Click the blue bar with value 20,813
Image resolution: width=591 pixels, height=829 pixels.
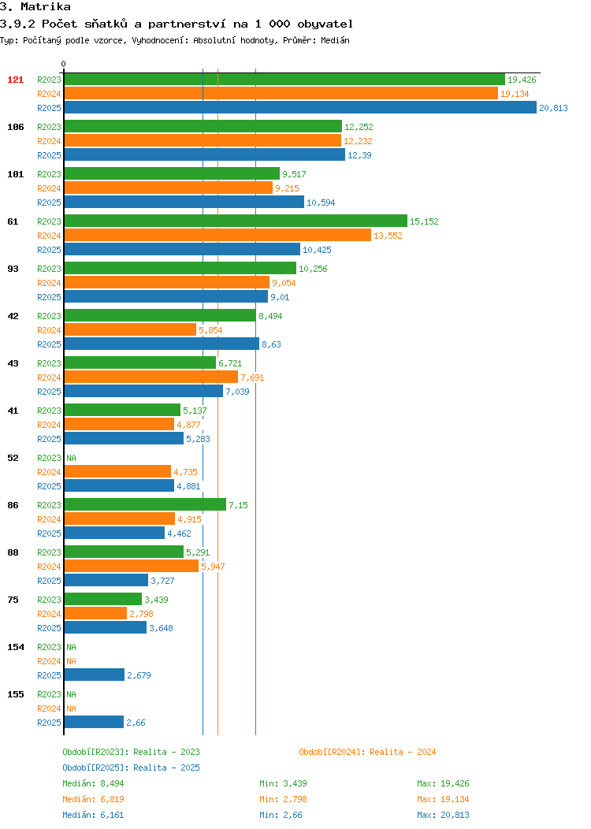coord(300,107)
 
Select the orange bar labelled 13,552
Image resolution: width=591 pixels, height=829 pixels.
coord(217,236)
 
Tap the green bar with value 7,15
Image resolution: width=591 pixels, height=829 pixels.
coord(145,505)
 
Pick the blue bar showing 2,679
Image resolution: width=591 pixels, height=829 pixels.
coord(95,675)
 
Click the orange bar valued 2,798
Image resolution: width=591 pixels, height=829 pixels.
coord(95,614)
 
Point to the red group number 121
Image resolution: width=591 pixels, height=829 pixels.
coord(15,80)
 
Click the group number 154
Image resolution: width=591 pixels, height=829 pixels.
coord(15,647)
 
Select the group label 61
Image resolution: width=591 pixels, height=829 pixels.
coord(13,221)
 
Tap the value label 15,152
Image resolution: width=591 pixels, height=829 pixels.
coord(424,221)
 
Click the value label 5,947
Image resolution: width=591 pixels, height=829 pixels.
coord(213,567)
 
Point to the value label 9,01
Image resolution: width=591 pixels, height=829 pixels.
coord(281,297)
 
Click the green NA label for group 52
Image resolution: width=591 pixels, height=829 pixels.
coord(72,458)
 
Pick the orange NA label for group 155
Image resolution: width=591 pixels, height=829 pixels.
coord(72,708)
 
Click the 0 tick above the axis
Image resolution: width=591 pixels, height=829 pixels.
coord(64,65)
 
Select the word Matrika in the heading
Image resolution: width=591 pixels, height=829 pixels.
coord(46,7)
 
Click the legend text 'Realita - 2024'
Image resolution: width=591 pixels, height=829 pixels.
coord(403,752)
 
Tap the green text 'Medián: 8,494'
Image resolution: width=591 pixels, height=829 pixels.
coord(93,783)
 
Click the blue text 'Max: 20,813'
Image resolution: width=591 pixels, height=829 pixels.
coord(443,816)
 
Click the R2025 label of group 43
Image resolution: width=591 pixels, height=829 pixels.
coord(49,392)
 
